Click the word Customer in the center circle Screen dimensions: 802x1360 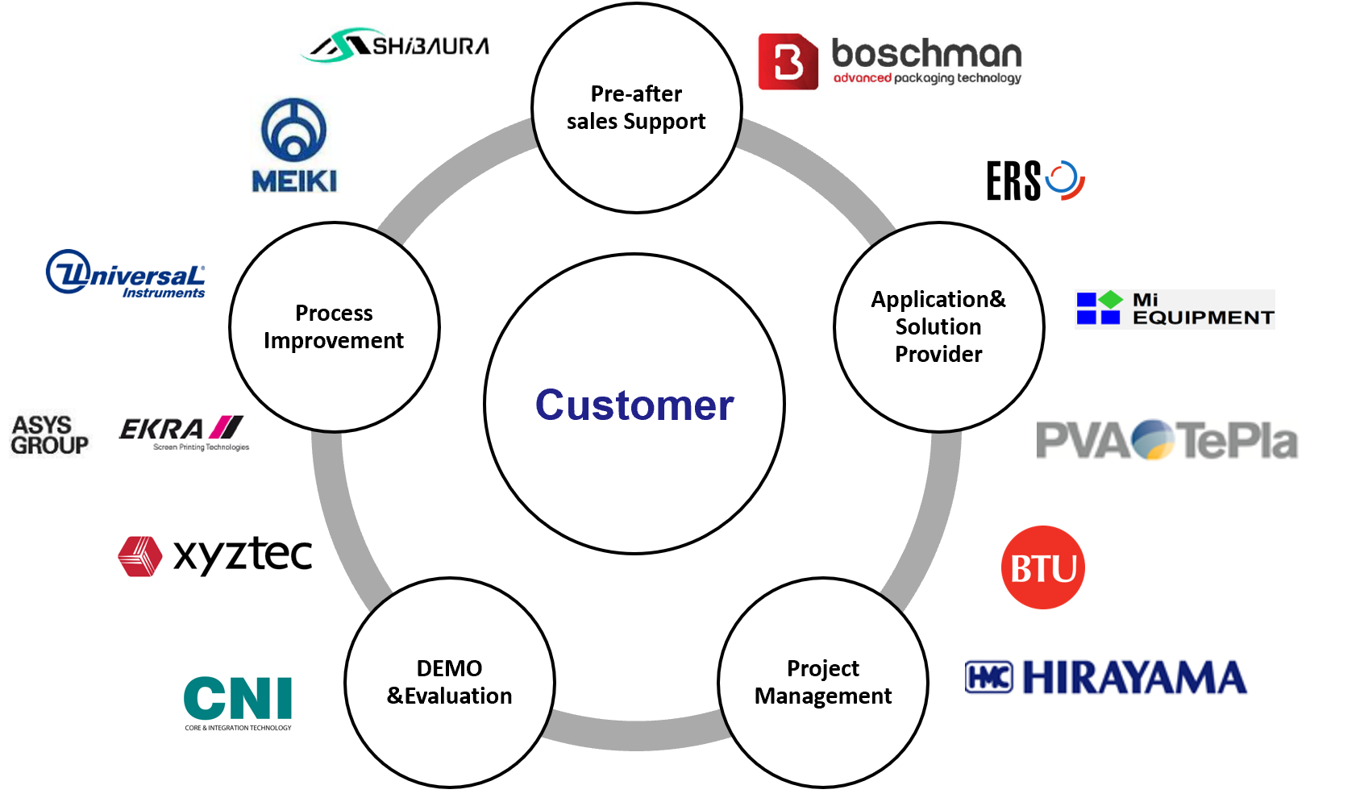(x=634, y=405)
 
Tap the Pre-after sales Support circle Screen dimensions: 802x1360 (x=636, y=108)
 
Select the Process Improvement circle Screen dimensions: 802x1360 (x=334, y=326)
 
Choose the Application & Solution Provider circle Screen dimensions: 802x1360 (x=938, y=326)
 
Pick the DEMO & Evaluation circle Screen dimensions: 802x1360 (x=449, y=682)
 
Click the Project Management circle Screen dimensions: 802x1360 (x=822, y=682)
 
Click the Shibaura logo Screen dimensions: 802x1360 (x=397, y=45)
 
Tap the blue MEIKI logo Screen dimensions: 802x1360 (x=294, y=145)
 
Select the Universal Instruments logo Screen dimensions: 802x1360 (x=126, y=275)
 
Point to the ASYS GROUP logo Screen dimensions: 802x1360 (x=49, y=435)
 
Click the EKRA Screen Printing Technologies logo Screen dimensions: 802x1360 (x=184, y=433)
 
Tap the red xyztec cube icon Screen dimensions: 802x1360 (x=139, y=556)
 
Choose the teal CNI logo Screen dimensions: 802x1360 (x=238, y=701)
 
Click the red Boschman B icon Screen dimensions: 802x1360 (x=788, y=61)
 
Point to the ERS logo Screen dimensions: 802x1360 (x=1035, y=181)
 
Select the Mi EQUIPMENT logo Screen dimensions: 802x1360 (x=1175, y=309)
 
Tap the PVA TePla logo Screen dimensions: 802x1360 (x=1166, y=440)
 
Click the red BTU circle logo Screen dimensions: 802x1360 (x=1042, y=567)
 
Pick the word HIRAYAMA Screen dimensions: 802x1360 (x=1134, y=677)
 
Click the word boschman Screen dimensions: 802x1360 (x=926, y=54)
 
